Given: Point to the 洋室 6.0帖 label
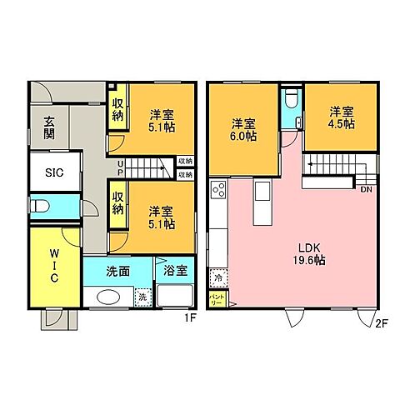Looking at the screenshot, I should (242, 132).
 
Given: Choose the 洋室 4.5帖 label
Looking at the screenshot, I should (340, 117).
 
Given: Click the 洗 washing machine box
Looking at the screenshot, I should (142, 297).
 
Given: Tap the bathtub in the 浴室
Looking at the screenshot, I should (175, 297).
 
